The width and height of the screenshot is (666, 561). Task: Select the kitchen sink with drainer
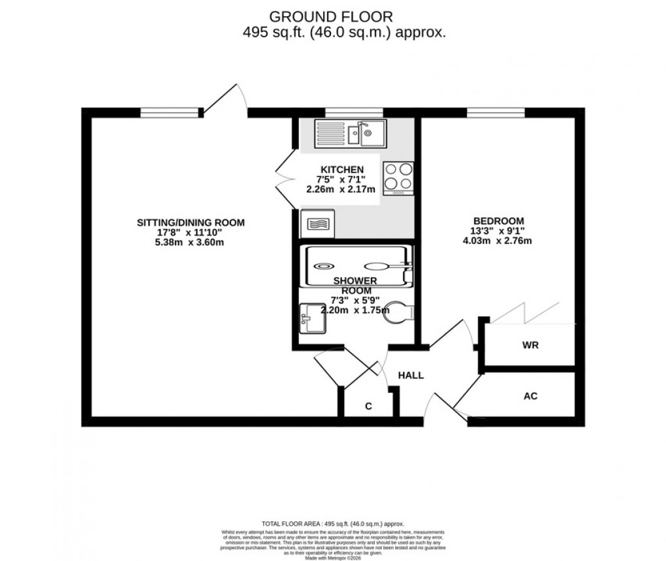pos(351,134)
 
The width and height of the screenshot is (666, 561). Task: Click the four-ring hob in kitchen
pos(398,177)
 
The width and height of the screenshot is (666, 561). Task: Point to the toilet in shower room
pos(399,311)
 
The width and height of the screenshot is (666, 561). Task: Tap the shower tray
pos(357,265)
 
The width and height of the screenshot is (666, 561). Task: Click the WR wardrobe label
pos(530,345)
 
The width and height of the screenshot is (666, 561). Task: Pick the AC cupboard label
pos(530,396)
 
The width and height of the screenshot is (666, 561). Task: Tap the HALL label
pos(411,376)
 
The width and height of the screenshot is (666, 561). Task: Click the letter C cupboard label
pos(368,406)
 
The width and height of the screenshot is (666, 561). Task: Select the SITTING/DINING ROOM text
pos(190,222)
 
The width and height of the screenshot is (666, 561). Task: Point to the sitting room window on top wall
pos(170,113)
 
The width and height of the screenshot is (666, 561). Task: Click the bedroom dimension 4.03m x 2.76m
pos(497,240)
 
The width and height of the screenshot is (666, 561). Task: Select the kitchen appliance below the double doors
pos(317,224)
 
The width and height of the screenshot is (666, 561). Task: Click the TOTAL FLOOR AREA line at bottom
pos(332,524)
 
